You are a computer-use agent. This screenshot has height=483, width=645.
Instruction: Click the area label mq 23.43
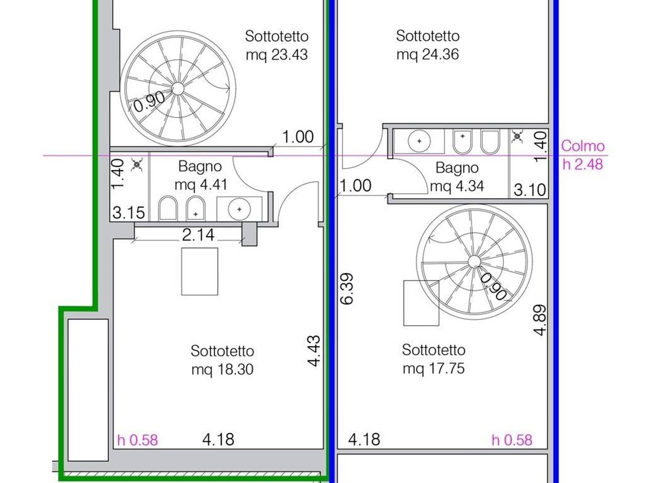point(277,55)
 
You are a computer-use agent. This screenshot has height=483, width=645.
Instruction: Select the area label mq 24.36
point(427,54)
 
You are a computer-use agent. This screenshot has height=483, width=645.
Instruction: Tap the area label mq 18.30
point(222,369)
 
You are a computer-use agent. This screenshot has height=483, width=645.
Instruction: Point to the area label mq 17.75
point(433,369)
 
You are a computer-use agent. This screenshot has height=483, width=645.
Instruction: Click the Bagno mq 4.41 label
point(201,176)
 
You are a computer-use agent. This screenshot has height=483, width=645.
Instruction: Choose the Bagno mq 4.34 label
point(457,177)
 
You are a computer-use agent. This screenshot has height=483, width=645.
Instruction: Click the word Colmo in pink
point(583,146)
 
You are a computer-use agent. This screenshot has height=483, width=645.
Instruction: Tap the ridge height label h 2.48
point(583,164)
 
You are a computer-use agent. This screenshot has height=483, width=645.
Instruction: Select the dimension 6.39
point(348,289)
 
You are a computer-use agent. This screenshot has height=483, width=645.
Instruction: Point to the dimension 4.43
point(314,351)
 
